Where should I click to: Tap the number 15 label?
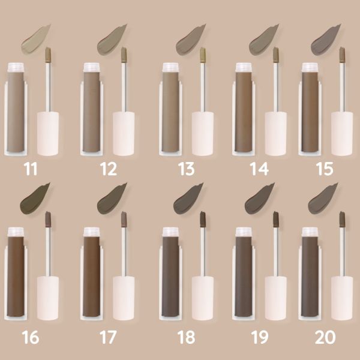(324, 169)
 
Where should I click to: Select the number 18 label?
(186, 337)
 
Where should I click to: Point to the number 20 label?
(324, 337)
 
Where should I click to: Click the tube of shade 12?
(92, 111)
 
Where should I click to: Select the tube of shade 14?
(244, 111)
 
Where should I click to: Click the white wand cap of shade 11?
(48, 133)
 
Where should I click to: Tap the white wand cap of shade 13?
(202, 133)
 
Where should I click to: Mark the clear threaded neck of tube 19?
(244, 232)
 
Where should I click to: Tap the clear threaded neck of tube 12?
(92, 67)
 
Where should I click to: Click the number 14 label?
(259, 169)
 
